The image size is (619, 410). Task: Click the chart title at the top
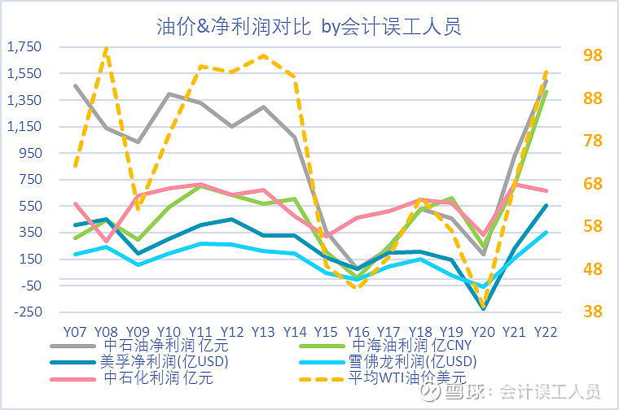pyautogui.click(x=309, y=26)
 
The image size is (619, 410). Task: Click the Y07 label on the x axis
pyautogui.click(x=75, y=332)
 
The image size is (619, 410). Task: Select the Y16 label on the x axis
pyautogui.click(x=358, y=332)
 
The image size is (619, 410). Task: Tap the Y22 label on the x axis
pyautogui.click(x=546, y=332)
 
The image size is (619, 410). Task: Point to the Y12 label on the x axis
pyautogui.click(x=232, y=332)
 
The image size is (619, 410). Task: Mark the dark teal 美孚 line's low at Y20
pyautogui.click(x=484, y=308)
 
